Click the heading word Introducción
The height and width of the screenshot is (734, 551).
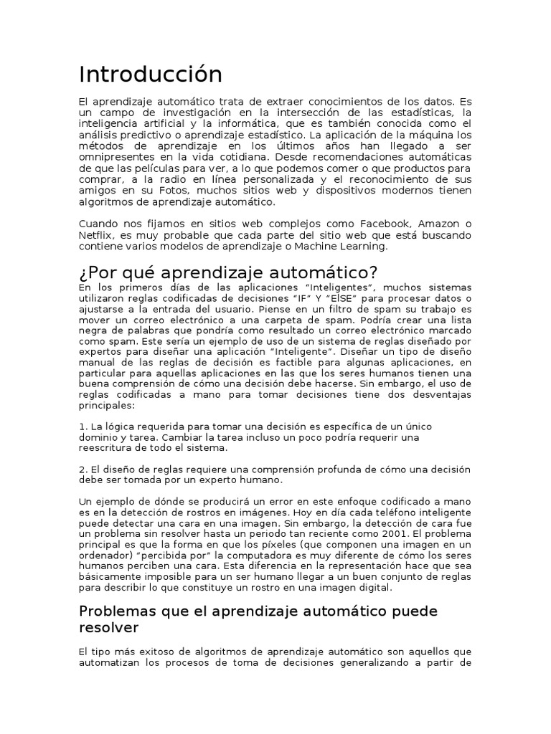[151, 74]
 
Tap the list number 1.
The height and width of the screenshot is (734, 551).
[82, 426]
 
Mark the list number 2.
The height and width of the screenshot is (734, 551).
[82, 470]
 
